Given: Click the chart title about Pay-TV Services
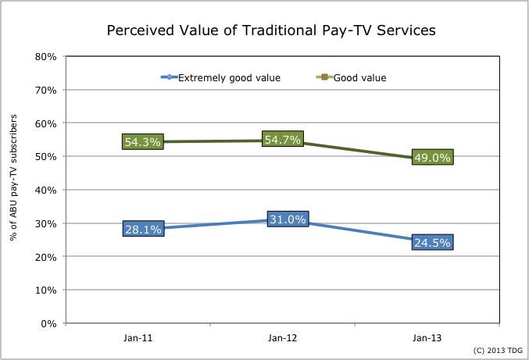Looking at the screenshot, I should point(270,30).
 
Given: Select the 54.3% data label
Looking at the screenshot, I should point(142,141).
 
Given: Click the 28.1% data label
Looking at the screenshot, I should point(142,229).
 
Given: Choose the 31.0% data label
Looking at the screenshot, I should point(288,219).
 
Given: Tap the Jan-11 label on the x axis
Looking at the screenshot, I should point(138,338).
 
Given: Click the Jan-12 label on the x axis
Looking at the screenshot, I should point(282,338).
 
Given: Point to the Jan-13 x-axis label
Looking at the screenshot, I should point(427,338).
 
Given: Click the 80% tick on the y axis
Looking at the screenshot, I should point(45,57).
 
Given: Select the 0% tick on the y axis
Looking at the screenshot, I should point(48,323).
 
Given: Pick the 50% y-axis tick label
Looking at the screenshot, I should point(45,157).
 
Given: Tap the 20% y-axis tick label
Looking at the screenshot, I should point(45,257).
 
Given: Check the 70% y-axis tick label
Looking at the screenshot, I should point(45,91).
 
